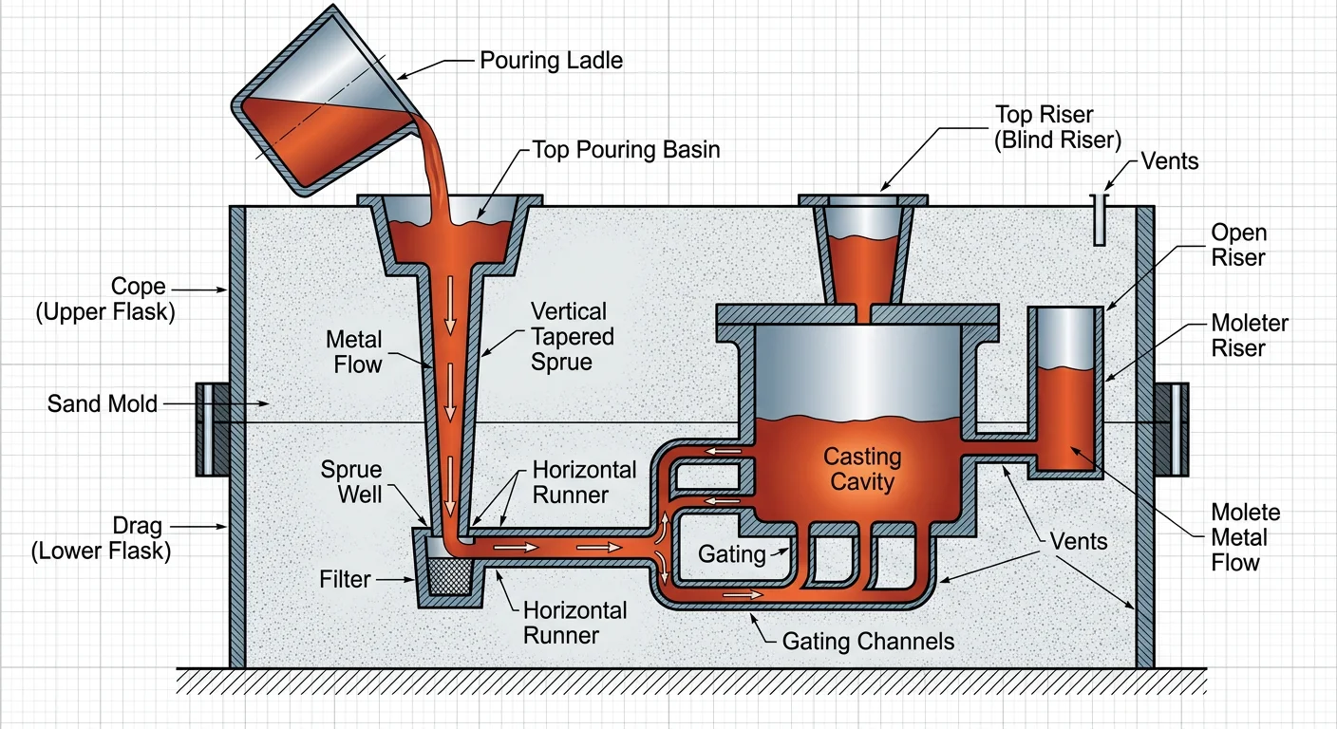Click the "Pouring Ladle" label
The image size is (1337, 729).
pyautogui.click(x=551, y=61)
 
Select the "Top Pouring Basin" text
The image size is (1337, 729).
pyautogui.click(x=626, y=149)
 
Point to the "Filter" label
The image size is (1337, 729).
pyautogui.click(x=345, y=578)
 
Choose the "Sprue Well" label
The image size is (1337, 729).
pyautogui.click(x=350, y=481)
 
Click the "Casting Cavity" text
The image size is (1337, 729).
pyautogui.click(x=861, y=469)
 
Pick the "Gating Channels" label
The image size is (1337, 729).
pyautogui.click(x=868, y=642)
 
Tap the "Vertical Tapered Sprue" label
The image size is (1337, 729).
pyautogui.click(x=572, y=337)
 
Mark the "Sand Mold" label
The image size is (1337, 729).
pyautogui.click(x=102, y=405)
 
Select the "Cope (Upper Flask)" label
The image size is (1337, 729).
pyautogui.click(x=105, y=300)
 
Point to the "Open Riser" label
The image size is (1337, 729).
pyautogui.click(x=1238, y=245)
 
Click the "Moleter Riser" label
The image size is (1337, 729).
pyautogui.click(x=1250, y=336)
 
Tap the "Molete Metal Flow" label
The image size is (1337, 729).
pyautogui.click(x=1246, y=537)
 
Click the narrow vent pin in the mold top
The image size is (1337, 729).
pyautogui.click(x=1099, y=219)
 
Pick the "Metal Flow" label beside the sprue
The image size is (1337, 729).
pyautogui.click(x=353, y=352)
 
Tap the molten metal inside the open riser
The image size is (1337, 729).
pyautogui.click(x=1067, y=418)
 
